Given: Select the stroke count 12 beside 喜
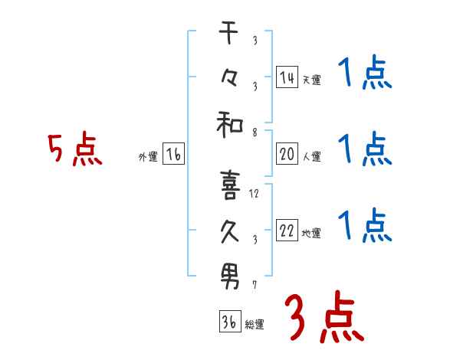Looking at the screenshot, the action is [254, 194].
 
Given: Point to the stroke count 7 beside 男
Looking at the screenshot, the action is [254, 284].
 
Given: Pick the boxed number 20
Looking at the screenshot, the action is [287, 154].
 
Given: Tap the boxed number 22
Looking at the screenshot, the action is [287, 231].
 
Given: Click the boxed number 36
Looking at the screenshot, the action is [228, 322].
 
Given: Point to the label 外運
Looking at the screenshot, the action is [148, 157].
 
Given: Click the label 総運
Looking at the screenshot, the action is [255, 325].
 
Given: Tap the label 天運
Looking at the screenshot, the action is [310, 80].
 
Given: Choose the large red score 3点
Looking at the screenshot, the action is [324, 316].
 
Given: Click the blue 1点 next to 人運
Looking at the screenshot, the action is [364, 148].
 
